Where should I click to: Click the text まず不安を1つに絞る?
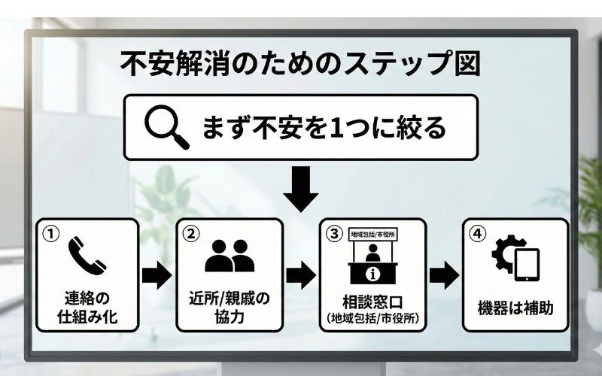coord(324,126)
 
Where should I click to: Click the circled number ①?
coord(50,234)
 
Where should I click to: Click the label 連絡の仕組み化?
coord(88,306)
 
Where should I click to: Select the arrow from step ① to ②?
coord(157,274)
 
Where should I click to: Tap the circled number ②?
coord(191,234)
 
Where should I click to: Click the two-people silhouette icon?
coord(229,256)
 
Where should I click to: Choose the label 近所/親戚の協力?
coord(229,306)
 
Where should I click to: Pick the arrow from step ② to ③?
coord(300,274)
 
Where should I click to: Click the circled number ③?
coord(333,234)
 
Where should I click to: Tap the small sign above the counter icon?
coord(372,233)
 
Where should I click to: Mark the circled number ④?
coord(476,234)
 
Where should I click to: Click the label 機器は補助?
coord(515,308)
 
